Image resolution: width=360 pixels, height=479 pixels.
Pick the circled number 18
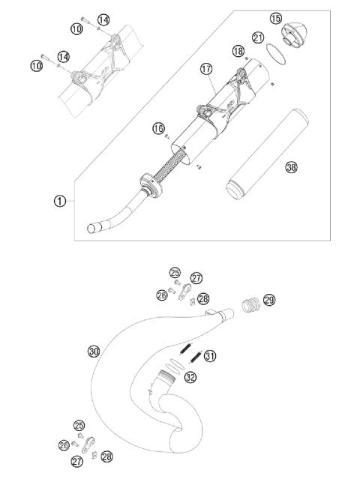(x=238, y=51)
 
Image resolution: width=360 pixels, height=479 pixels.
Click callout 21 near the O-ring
(x=258, y=37)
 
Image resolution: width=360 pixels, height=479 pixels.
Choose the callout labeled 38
(x=291, y=168)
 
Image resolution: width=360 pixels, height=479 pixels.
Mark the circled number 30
(x=94, y=351)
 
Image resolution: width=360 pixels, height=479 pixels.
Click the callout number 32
(x=190, y=377)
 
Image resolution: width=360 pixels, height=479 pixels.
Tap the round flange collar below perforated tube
(x=150, y=184)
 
